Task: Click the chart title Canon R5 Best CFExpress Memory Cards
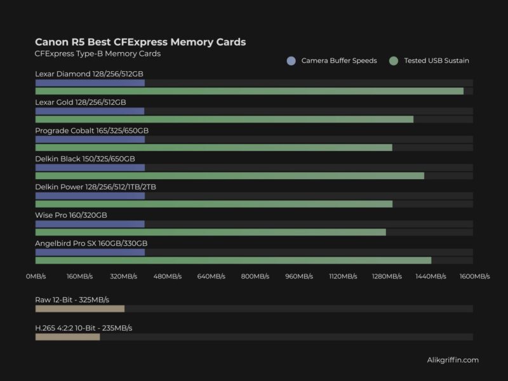[140, 42]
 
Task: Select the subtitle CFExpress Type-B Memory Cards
[98, 54]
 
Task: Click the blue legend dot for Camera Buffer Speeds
[291, 61]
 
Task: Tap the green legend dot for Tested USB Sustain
[394, 61]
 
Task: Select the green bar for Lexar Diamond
[249, 91]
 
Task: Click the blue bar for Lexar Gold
[90, 111]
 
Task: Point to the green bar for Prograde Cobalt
[213, 147]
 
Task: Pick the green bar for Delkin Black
[229, 176]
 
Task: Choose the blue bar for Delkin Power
[90, 196]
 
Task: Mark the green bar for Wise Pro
[210, 232]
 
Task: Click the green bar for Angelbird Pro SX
[233, 260]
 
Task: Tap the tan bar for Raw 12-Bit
[79, 309]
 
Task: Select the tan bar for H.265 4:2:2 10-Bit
[67, 337]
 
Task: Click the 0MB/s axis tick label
[36, 277]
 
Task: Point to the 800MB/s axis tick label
[255, 277]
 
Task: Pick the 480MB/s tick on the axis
[167, 277]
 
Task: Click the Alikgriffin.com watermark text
[453, 360]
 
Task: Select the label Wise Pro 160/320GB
[71, 215]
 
